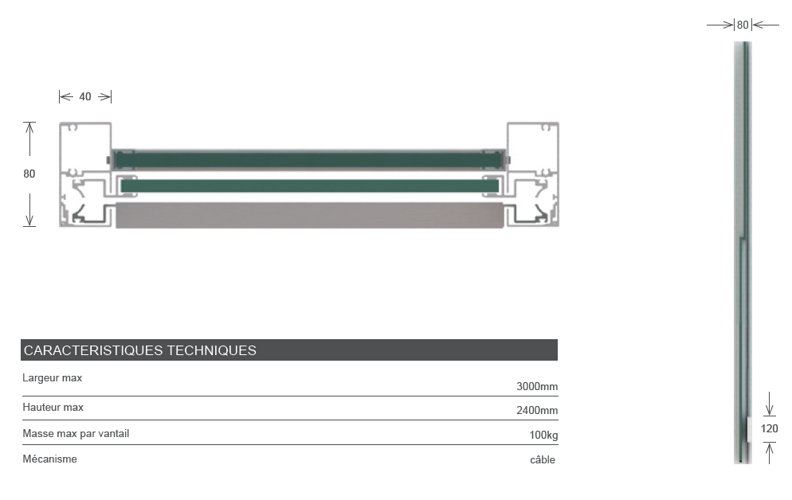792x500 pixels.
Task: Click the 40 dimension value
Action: click(84, 96)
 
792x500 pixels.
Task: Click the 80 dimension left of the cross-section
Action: click(29, 174)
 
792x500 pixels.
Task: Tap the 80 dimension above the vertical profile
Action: click(743, 25)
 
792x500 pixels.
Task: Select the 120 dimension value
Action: click(769, 429)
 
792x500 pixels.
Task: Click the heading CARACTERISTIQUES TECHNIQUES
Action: click(140, 350)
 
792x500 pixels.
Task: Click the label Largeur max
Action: click(52, 378)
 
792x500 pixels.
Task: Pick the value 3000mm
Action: click(537, 386)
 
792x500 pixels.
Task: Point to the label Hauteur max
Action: click(53, 407)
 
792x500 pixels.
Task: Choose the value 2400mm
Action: click(537, 410)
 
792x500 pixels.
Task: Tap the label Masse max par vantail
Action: click(76, 434)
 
